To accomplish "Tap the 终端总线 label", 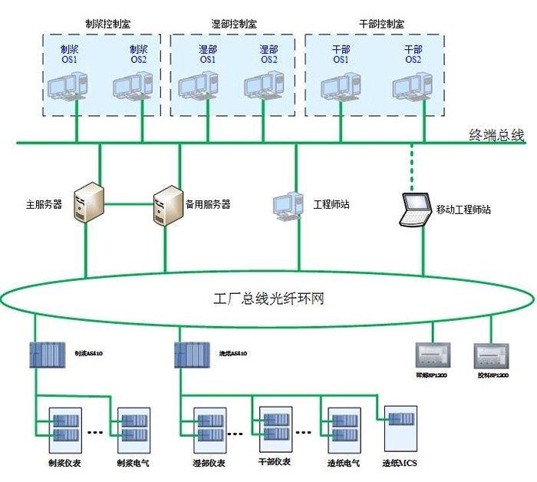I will (496, 136).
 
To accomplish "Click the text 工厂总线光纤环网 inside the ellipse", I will (268, 298).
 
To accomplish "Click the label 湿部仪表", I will (209, 464).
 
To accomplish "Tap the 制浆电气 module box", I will (132, 429).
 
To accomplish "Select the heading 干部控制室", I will (381, 24).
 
